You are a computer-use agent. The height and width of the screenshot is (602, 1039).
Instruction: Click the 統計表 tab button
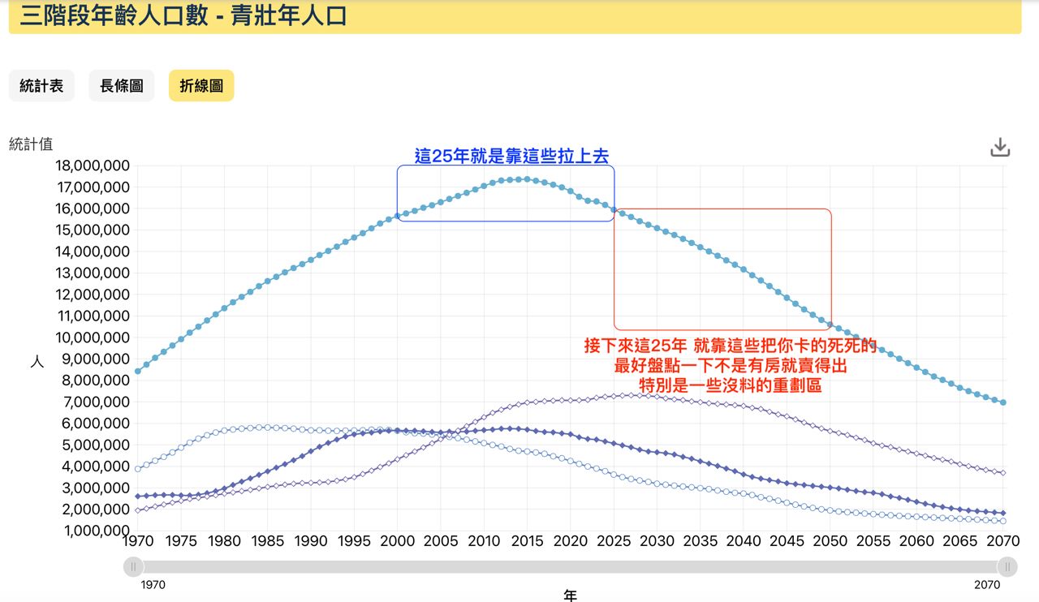41,86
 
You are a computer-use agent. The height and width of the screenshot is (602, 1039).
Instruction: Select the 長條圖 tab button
122,86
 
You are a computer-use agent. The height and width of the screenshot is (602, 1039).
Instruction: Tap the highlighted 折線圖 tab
201,86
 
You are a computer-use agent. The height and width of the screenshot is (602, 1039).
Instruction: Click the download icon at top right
1000,148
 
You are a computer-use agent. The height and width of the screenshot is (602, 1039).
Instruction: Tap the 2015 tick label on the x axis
528,541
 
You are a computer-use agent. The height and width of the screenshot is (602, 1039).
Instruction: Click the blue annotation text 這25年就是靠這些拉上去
511,157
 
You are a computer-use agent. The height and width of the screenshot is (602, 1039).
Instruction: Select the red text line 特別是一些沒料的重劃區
731,386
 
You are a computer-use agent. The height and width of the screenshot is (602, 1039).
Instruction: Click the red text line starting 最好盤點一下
731,366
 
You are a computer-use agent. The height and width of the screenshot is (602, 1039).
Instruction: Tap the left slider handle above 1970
134,566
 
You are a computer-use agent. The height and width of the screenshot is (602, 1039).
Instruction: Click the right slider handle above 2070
1007,566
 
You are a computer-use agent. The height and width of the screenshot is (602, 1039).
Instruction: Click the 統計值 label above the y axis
31,144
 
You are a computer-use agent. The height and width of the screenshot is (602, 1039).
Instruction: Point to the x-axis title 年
571,596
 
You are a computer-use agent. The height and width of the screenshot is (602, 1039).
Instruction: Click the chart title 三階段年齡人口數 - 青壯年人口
183,15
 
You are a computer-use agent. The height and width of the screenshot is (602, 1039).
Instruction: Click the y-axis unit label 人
37,362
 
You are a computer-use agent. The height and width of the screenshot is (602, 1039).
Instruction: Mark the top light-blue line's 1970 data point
138,372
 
